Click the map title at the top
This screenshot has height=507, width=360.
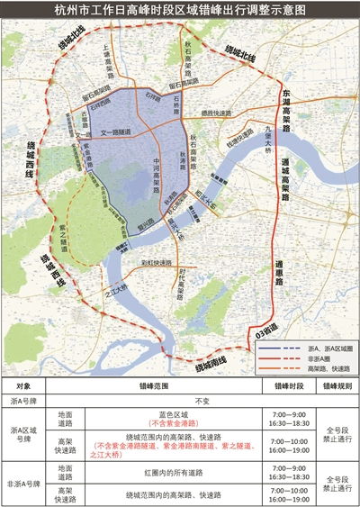(180, 11)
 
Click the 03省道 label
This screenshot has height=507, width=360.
(261, 334)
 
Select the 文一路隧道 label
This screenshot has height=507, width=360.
(115, 132)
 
